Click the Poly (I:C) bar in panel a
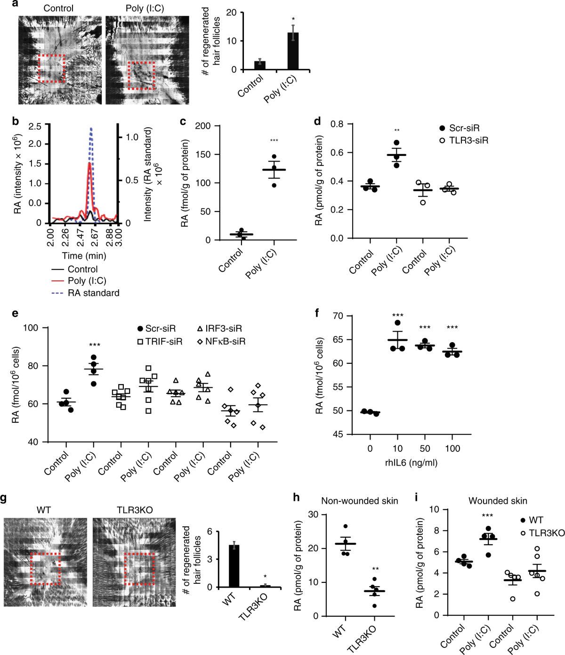(x=293, y=51)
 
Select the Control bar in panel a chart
(x=260, y=65)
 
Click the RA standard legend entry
(x=93, y=293)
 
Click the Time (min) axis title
(x=84, y=256)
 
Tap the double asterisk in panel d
(x=397, y=131)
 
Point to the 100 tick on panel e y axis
(x=31, y=327)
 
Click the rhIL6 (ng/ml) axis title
(x=411, y=463)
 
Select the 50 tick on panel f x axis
(x=425, y=449)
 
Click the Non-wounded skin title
(x=359, y=501)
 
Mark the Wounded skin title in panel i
(x=498, y=501)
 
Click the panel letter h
(x=296, y=498)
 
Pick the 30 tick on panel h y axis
(x=313, y=514)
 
